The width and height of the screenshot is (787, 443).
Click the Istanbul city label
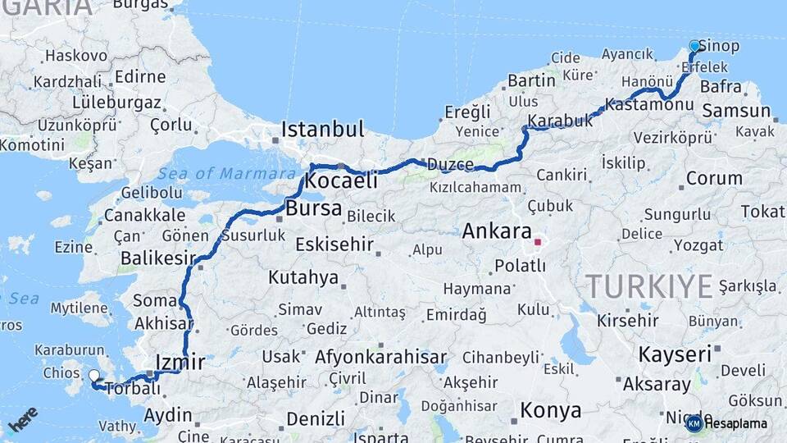[x=322, y=130]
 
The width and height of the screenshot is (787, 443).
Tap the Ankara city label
[x=497, y=231]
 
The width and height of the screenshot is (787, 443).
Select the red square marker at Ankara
[x=538, y=242]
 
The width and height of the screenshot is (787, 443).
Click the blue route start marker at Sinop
[x=694, y=46]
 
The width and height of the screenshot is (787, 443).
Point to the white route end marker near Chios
[x=94, y=376]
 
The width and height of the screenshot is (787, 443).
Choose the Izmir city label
[x=180, y=362]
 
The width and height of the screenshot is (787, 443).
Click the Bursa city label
[x=313, y=208]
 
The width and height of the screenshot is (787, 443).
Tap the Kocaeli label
[x=341, y=180]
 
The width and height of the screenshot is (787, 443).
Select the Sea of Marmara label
[x=226, y=173]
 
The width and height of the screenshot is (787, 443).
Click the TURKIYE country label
[x=649, y=286]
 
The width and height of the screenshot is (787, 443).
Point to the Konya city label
[x=551, y=410]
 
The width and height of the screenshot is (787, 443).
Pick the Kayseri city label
[x=674, y=354]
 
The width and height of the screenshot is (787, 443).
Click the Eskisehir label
[x=334, y=244]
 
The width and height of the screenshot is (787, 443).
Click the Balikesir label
[x=155, y=258]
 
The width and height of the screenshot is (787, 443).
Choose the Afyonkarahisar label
[x=381, y=357]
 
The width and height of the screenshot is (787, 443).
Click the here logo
[x=23, y=418]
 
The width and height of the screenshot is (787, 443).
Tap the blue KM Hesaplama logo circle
[x=694, y=423]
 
